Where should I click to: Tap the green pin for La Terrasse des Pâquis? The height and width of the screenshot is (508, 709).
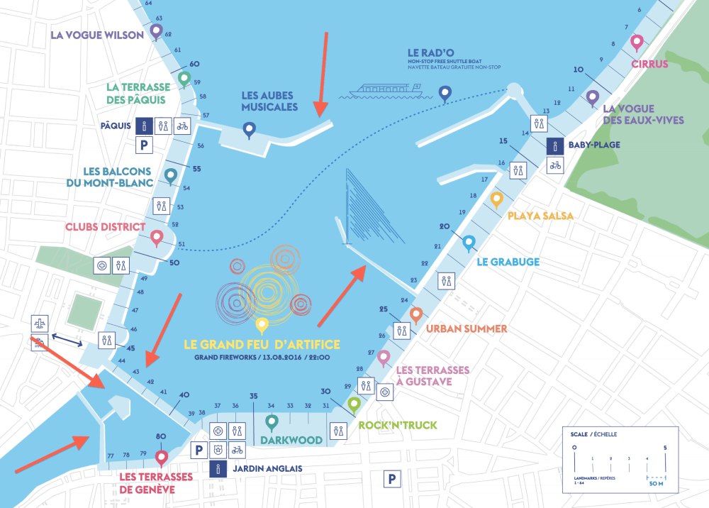click(x=184, y=78)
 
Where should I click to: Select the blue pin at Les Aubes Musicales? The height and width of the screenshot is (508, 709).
click(x=249, y=129)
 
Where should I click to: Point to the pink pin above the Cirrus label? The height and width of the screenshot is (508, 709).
click(x=637, y=43)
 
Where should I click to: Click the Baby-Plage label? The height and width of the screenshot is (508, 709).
click(x=594, y=145)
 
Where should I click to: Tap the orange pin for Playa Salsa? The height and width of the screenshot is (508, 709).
click(x=496, y=199)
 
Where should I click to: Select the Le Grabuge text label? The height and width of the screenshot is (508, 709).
click(x=508, y=262)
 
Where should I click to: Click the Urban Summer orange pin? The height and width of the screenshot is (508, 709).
click(x=416, y=314)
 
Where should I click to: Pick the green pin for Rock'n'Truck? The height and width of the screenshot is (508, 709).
click(x=354, y=404)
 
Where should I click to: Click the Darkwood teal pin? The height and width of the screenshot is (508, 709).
click(x=271, y=423)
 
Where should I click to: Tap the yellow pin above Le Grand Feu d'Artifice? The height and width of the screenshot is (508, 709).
click(x=262, y=325)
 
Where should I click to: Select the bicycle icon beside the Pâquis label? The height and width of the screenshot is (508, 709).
click(x=182, y=126)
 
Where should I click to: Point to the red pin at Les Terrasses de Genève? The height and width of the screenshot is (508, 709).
click(x=162, y=458)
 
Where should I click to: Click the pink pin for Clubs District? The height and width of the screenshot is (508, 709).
click(x=157, y=238)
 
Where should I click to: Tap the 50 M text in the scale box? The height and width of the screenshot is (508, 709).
click(x=657, y=483)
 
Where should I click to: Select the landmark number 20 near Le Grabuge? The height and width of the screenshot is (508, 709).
click(x=445, y=227)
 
